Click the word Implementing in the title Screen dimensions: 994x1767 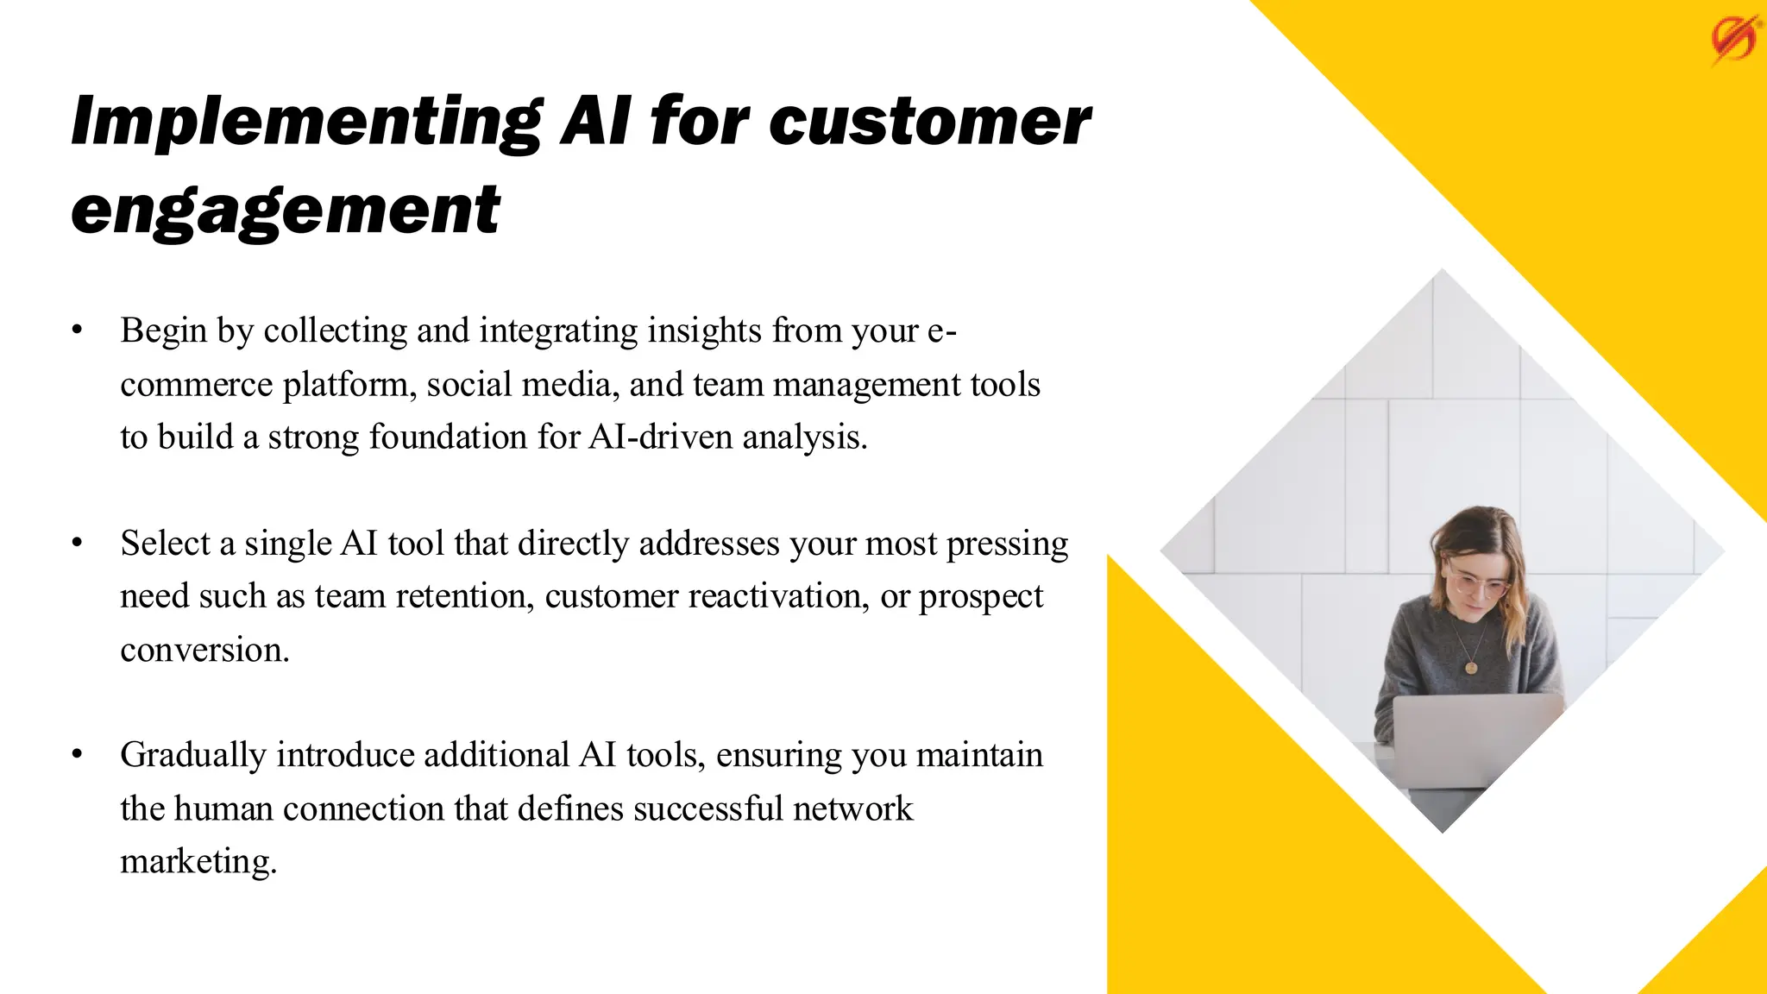tap(306, 122)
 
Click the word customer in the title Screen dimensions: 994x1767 tap(929, 122)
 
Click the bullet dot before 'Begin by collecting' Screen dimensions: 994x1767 tap(78, 330)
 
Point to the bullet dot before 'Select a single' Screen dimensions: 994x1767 tap(78, 543)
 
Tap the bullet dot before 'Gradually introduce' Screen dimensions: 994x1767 tap(78, 754)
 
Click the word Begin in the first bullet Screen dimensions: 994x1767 tap(163, 330)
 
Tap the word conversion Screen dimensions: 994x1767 tap(204, 650)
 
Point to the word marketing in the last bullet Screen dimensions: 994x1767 tap(198, 862)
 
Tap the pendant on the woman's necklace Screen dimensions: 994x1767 tap(1470, 667)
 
